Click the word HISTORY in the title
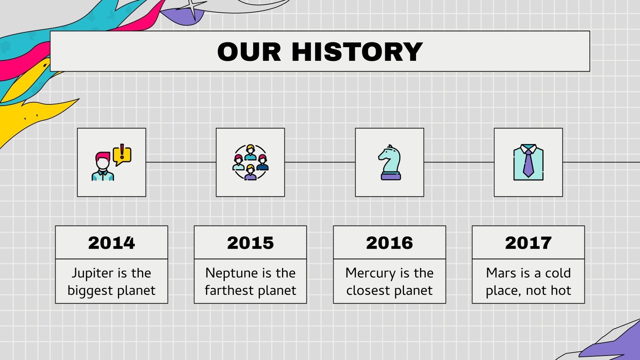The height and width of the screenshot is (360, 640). point(357,52)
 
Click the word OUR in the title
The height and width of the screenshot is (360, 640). point(249,52)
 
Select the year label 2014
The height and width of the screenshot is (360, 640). point(112,243)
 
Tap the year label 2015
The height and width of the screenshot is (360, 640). point(250,243)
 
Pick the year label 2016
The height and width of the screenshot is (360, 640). point(390,243)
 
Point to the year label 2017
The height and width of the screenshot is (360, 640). point(528,243)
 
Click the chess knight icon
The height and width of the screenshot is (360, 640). point(390,162)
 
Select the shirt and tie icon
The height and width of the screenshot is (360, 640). point(528,162)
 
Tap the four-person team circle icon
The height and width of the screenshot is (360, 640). point(250,162)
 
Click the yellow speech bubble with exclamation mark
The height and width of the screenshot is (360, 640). point(122,155)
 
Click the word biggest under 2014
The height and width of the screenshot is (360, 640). point(90,291)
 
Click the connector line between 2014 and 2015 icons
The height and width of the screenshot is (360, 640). point(181,162)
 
